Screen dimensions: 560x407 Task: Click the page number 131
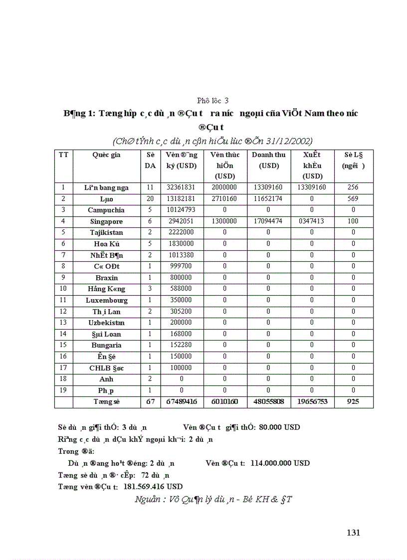pyautogui.click(x=353, y=533)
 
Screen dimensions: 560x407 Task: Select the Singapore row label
pyautogui.click(x=106, y=221)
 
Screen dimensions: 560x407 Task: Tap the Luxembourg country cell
pyautogui.click(x=106, y=300)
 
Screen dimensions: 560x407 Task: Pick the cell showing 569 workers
pyautogui.click(x=353, y=198)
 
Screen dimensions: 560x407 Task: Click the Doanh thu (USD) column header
pyautogui.click(x=268, y=160)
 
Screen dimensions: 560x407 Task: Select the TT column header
pyautogui.click(x=63, y=155)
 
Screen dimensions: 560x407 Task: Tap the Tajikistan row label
pyautogui.click(x=106, y=232)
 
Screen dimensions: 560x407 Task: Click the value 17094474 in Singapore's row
pyautogui.click(x=268, y=221)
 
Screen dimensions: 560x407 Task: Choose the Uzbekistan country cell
pyautogui.click(x=106, y=323)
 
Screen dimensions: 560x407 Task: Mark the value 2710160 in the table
pyautogui.click(x=224, y=198)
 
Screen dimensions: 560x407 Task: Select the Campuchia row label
pyautogui.click(x=106, y=210)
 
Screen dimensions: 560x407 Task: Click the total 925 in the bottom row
pyautogui.click(x=353, y=401)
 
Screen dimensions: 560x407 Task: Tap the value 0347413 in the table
pyautogui.click(x=312, y=221)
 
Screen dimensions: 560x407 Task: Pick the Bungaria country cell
pyautogui.click(x=106, y=345)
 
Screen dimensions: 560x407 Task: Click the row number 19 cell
pyautogui.click(x=63, y=390)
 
